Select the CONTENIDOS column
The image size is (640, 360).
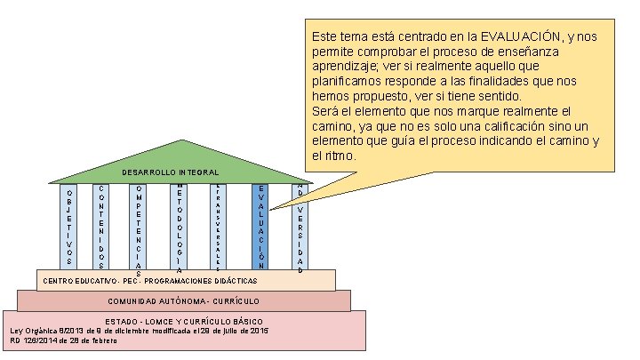102,227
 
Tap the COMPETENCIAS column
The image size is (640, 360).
140,227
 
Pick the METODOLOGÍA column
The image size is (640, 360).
179,227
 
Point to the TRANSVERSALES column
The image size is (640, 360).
218,227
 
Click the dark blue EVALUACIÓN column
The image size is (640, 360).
260,227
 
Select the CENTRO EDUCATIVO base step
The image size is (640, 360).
186,280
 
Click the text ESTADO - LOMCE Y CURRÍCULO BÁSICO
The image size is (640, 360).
184,320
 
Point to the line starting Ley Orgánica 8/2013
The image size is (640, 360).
139,330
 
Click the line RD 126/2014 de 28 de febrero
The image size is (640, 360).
63,340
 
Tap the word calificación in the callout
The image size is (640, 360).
501,126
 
